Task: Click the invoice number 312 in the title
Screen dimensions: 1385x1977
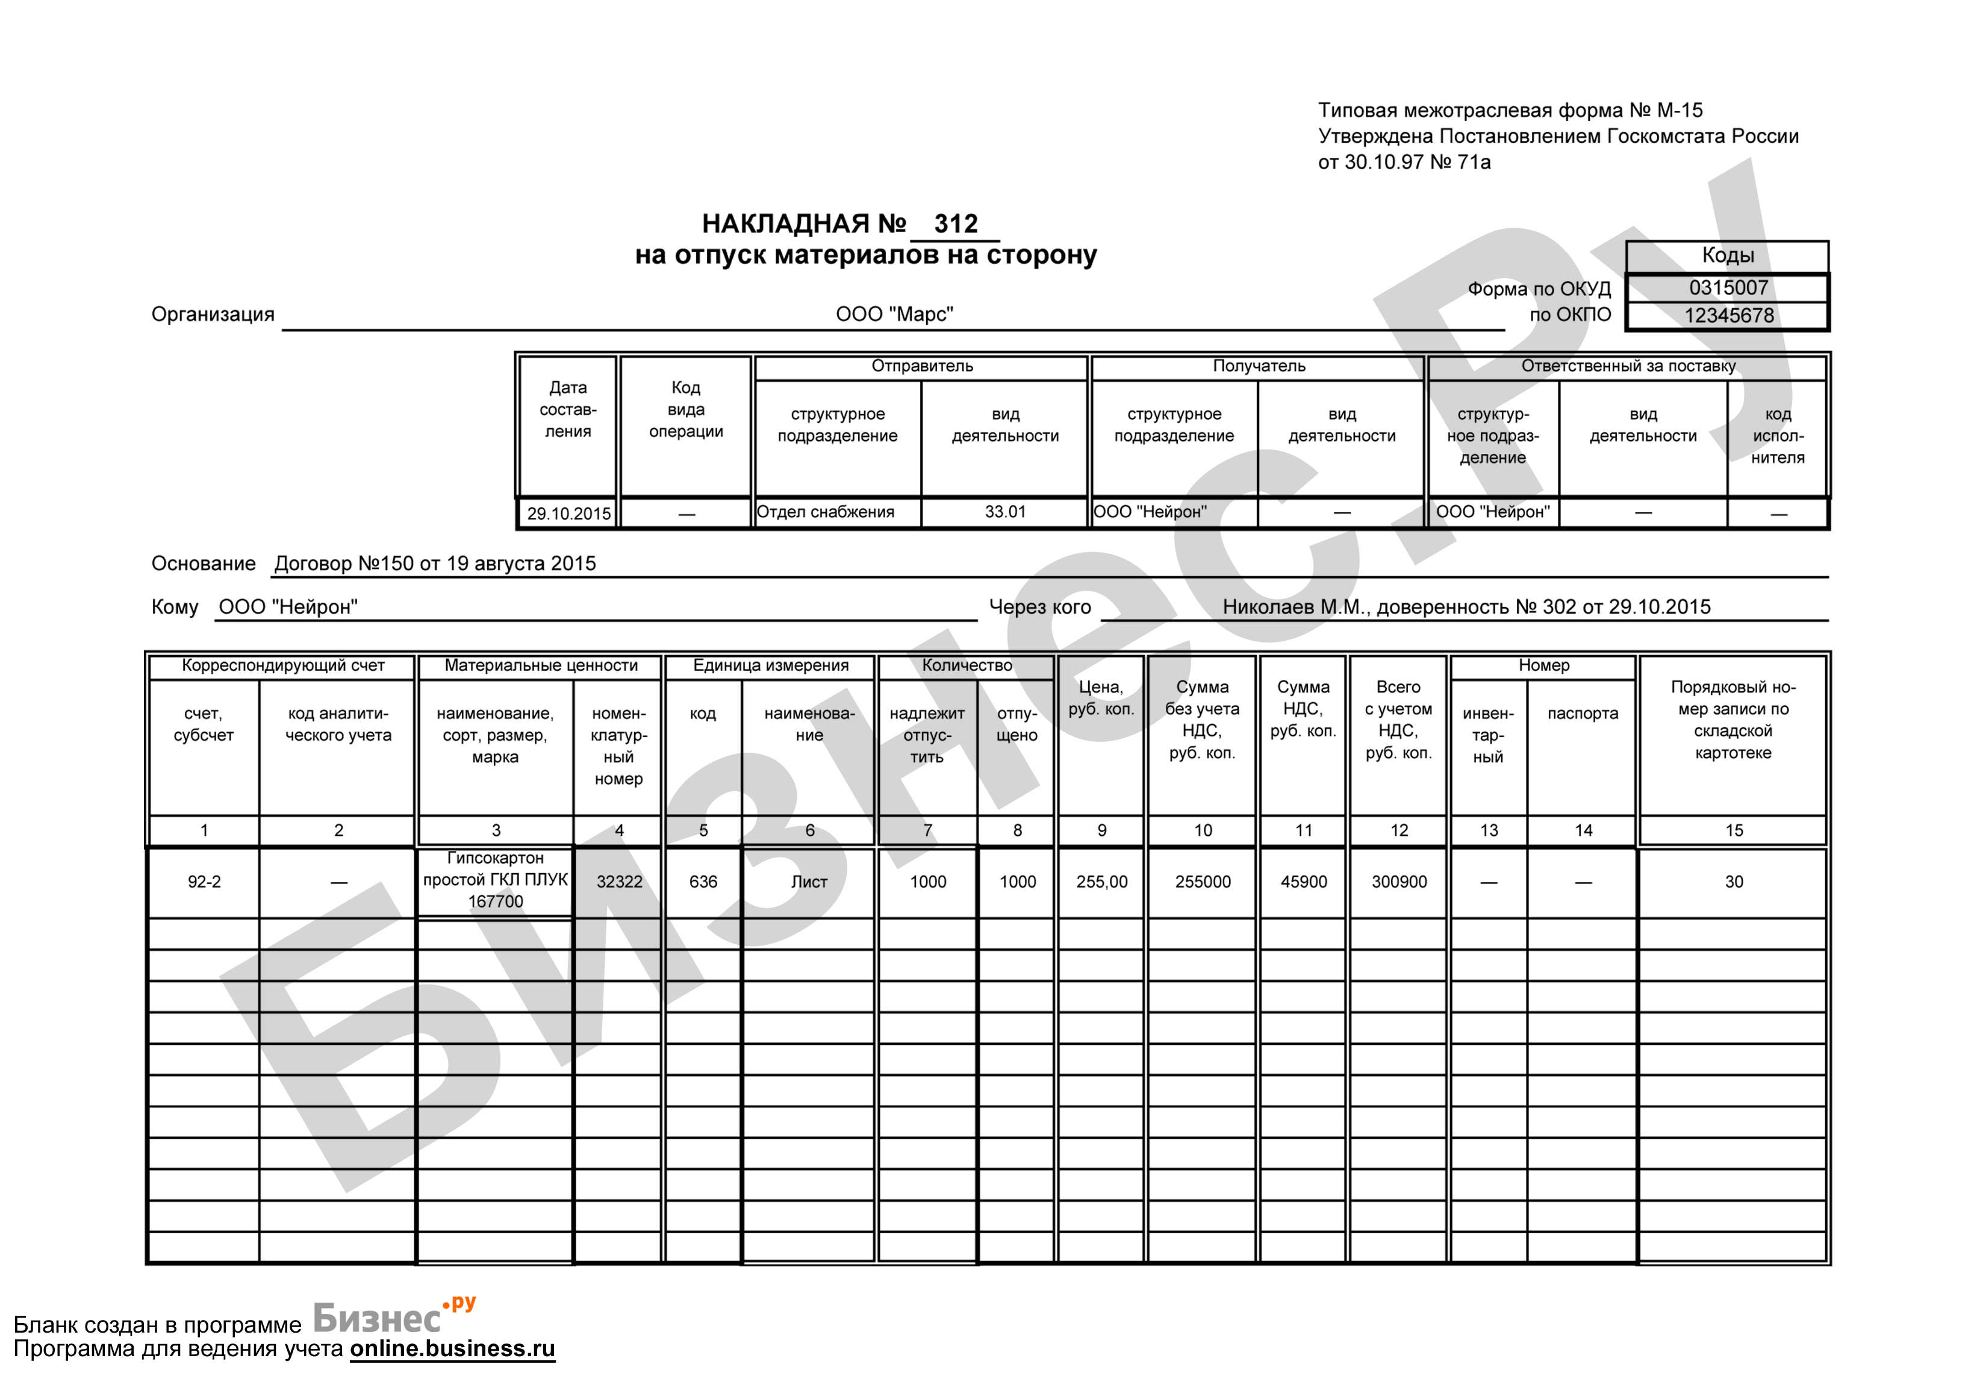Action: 955,224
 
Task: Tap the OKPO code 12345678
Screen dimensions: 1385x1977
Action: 1728,315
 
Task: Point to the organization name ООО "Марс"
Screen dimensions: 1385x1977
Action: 894,314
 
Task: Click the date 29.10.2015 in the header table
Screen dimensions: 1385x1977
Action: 568,514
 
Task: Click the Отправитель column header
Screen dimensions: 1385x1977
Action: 921,366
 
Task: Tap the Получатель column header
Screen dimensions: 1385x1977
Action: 1258,366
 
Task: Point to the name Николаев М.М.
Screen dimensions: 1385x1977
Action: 1292,607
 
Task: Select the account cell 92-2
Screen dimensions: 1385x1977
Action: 204,882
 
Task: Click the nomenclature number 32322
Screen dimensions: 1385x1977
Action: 619,882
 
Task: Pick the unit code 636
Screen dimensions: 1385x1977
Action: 703,882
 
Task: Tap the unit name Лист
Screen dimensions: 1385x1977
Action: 809,882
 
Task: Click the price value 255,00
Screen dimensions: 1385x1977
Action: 1101,882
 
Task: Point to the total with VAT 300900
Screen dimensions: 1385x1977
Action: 1398,882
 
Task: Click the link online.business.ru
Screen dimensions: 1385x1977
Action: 452,1348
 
